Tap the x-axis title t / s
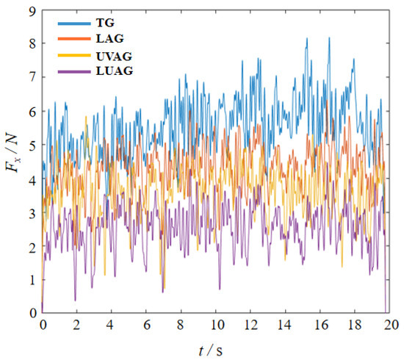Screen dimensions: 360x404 (x=214, y=348)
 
